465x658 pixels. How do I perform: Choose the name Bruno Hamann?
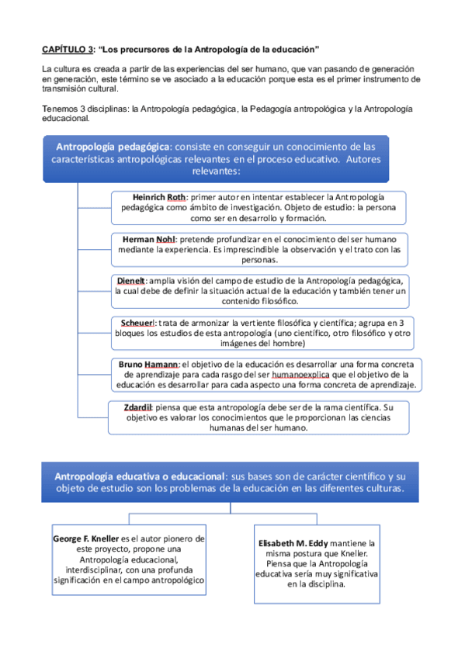pos(149,363)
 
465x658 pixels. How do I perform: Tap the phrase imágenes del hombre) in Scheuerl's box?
pos(262,343)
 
